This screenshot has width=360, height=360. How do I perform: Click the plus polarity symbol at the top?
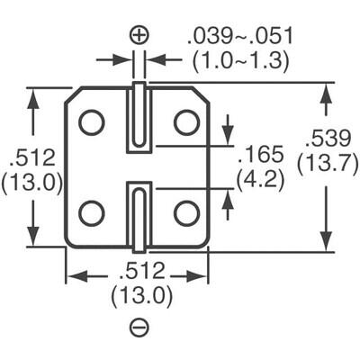coord(139,35)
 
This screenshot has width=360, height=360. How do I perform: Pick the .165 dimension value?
coord(260,154)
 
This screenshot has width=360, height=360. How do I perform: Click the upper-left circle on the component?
coord(91,121)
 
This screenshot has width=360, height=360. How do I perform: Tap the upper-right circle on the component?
coord(185,121)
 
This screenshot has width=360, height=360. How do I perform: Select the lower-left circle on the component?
coord(91,213)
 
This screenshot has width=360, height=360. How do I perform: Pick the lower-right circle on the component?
coord(185,213)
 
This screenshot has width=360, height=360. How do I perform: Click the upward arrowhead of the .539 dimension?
coord(324,91)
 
